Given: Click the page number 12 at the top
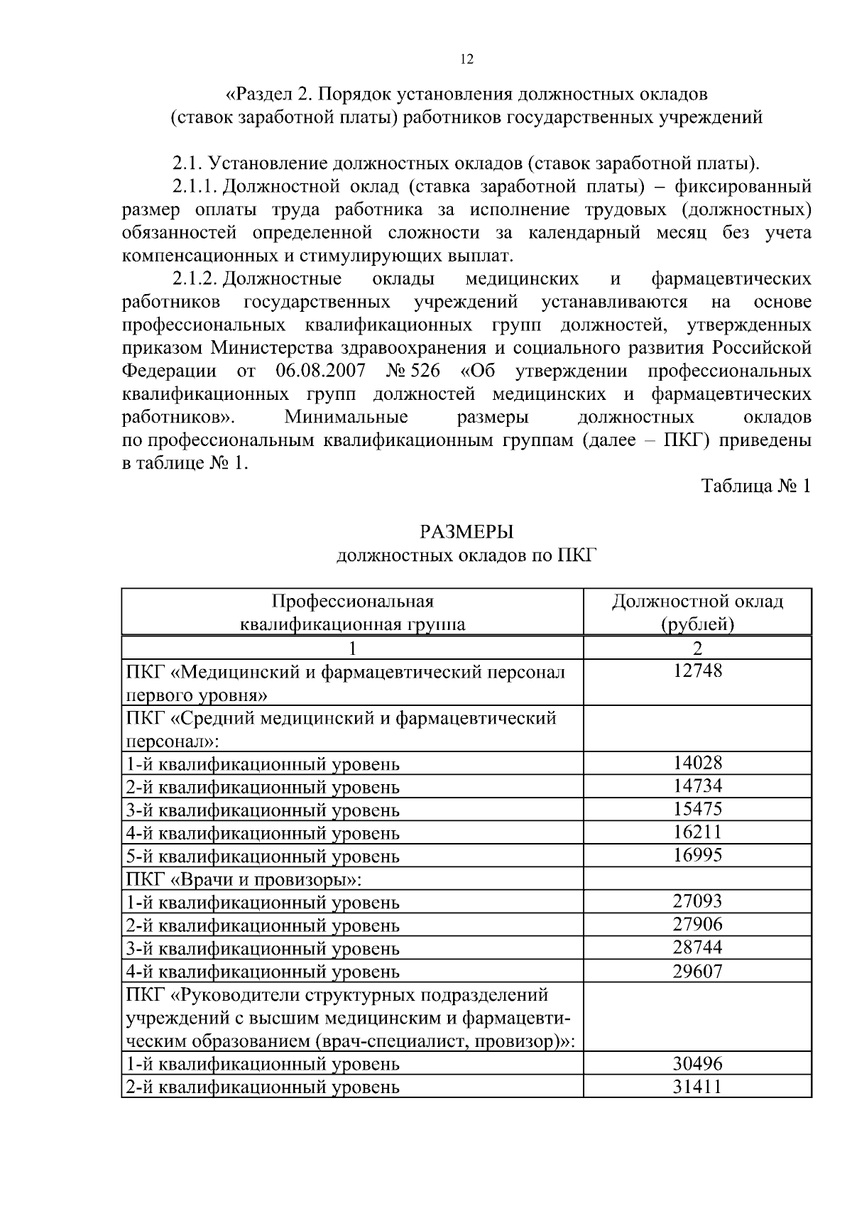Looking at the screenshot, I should (x=466, y=59).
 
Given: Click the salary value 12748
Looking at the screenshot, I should (x=697, y=670).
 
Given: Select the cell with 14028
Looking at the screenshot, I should (x=697, y=763).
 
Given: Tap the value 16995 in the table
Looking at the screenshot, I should (x=697, y=855).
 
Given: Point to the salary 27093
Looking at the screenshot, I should (x=697, y=901).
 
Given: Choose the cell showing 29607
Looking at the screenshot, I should (x=697, y=971).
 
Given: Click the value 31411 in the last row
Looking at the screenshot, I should (x=697, y=1086).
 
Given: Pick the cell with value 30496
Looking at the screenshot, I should (x=697, y=1063).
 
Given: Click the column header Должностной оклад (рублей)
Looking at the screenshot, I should (x=697, y=612).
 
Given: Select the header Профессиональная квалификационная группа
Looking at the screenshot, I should (x=352, y=612).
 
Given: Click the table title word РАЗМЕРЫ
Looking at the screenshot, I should (x=466, y=531).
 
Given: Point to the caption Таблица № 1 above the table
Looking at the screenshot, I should (x=755, y=486).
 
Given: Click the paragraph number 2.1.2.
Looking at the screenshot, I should (x=195, y=278).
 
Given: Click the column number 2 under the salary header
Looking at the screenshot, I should (x=697, y=648).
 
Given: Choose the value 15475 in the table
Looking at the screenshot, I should (x=697, y=809).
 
